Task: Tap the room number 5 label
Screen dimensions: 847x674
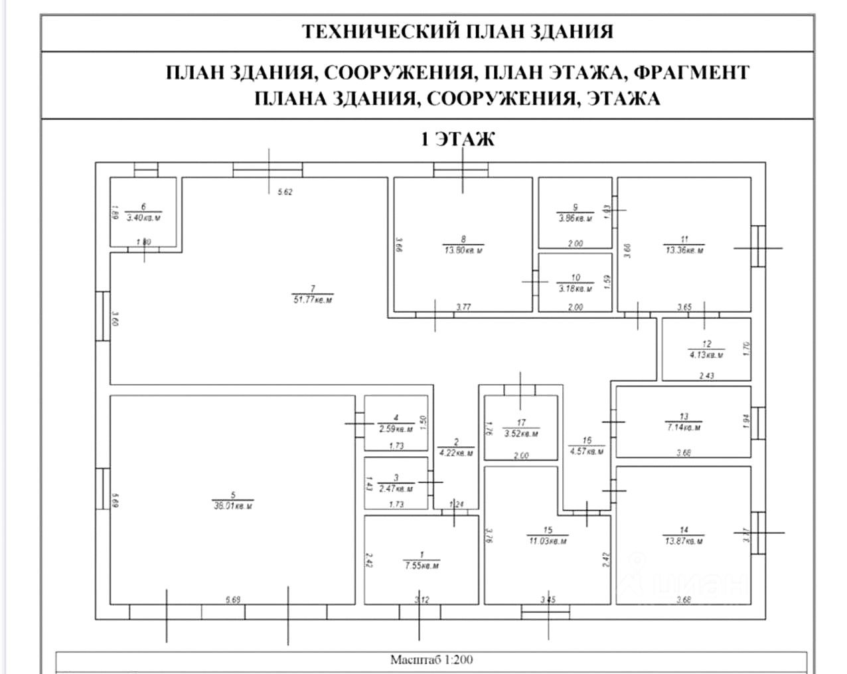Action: (x=233, y=495)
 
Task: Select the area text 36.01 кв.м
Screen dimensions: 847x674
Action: (x=233, y=506)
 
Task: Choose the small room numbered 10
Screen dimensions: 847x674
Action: (x=575, y=284)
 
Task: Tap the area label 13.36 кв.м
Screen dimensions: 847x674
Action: (x=684, y=250)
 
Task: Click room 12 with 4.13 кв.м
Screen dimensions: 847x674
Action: (x=706, y=349)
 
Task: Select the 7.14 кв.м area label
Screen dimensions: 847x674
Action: (x=684, y=427)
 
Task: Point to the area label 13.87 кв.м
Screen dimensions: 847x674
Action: (x=684, y=541)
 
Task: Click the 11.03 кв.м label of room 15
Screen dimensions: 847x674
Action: (x=548, y=541)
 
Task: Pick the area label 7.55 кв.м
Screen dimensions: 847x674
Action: (x=422, y=566)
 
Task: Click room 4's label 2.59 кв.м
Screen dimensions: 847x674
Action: (x=396, y=429)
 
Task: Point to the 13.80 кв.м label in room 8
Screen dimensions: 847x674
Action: (x=463, y=250)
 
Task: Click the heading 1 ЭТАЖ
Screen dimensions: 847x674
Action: (x=458, y=139)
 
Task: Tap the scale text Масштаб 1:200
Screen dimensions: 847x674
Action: (x=431, y=660)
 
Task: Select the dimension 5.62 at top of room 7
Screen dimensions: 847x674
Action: (x=285, y=192)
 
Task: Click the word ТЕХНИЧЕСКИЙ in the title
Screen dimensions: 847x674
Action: (x=372, y=31)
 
